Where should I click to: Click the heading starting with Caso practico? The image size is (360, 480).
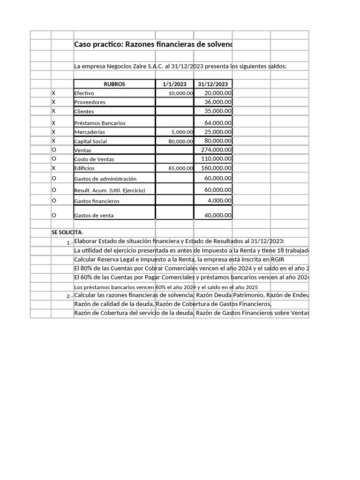point(153,45)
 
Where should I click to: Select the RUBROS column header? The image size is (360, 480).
point(114,84)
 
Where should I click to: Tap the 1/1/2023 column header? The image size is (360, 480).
point(174,84)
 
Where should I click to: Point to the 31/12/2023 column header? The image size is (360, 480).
point(213,84)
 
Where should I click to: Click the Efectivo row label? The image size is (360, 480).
point(84,93)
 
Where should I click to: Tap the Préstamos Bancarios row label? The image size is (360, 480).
point(100,123)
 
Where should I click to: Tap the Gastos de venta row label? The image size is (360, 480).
point(94,216)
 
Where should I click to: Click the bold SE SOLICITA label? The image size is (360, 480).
point(67,232)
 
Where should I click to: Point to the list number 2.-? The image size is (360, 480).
point(69,296)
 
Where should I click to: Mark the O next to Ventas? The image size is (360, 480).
point(54,150)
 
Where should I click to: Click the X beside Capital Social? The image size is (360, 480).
point(53,141)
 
